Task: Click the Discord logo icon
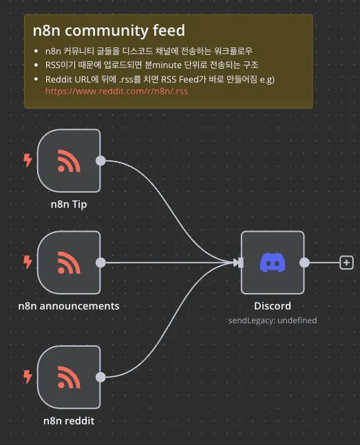[273, 263]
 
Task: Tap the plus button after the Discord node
[346, 263]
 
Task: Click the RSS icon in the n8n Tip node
[69, 161]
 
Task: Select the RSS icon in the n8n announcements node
[69, 263]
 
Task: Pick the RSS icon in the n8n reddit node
[69, 377]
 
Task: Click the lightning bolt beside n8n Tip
[28, 160]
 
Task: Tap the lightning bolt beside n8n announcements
[28, 262]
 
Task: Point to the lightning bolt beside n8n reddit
[28, 377]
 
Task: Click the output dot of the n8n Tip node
[100, 161]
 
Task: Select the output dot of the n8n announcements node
[100, 263]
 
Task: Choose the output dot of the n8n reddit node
[100, 377]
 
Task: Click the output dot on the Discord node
[304, 263]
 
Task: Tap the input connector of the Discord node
[241, 263]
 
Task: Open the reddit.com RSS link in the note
[116, 91]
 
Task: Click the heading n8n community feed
[109, 30]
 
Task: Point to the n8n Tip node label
[69, 204]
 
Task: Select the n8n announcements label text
[69, 306]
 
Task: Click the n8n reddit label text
[69, 421]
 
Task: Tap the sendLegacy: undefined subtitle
[273, 321]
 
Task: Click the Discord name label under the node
[273, 306]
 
